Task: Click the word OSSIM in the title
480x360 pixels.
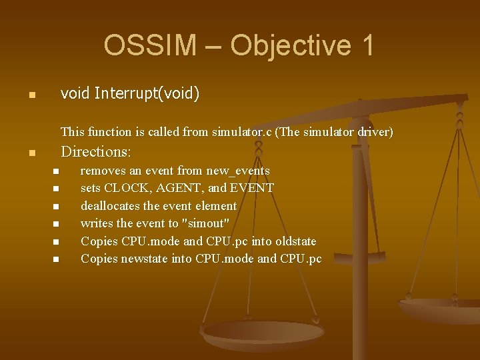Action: (x=150, y=45)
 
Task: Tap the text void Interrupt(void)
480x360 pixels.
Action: (x=130, y=93)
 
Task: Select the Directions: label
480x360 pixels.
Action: (x=96, y=151)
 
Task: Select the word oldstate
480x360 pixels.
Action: (x=293, y=241)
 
